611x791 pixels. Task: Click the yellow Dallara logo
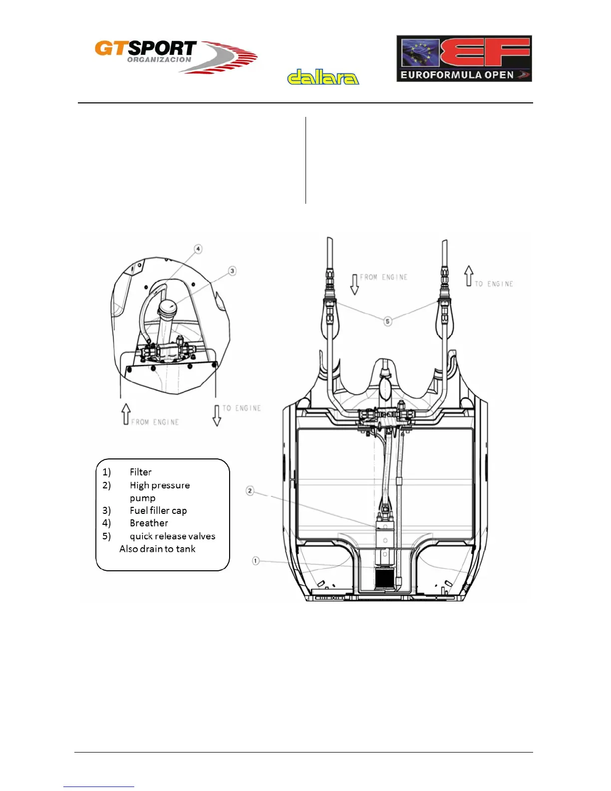(x=323, y=77)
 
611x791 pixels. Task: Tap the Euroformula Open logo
(x=464, y=58)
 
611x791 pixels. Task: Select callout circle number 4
(x=198, y=249)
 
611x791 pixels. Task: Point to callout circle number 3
(x=232, y=271)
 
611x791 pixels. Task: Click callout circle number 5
(x=388, y=321)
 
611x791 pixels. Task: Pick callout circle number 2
(x=250, y=491)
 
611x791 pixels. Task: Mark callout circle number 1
(x=256, y=561)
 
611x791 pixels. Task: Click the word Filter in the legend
(x=140, y=472)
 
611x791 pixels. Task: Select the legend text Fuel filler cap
(x=158, y=510)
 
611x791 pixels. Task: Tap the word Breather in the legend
(x=149, y=523)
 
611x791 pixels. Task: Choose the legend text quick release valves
(x=172, y=536)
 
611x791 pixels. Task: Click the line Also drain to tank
(x=157, y=549)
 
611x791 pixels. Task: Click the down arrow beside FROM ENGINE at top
(x=354, y=284)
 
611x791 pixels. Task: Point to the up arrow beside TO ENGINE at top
(x=468, y=276)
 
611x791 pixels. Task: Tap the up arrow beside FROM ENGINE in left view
(x=126, y=414)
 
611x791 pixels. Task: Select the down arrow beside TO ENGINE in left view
(x=217, y=415)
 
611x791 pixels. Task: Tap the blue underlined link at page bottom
(x=99, y=786)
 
